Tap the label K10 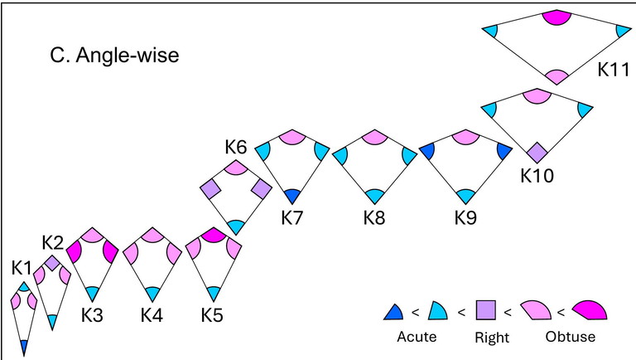537,175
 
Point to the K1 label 22,268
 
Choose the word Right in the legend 492,338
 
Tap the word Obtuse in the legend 571,337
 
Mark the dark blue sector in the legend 394,313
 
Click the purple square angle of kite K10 537,153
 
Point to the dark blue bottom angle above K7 291,197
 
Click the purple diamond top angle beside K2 51,264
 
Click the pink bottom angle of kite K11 553,77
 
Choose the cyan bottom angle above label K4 152,293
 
